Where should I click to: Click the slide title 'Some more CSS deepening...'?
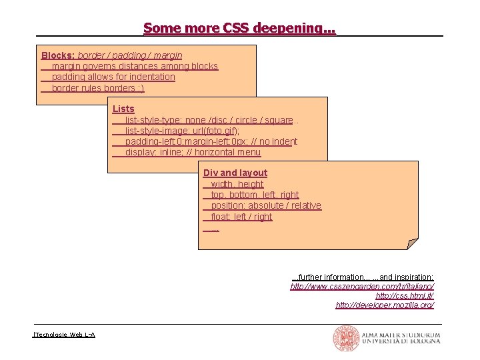(239, 28)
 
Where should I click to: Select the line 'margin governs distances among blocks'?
(135, 66)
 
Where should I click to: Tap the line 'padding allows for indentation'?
(113, 77)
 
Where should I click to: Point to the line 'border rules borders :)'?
(97, 88)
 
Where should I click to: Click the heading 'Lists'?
(123, 109)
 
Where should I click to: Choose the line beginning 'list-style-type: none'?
(209, 120)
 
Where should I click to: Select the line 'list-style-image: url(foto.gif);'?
(182, 131)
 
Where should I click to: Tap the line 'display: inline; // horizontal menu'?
(193, 153)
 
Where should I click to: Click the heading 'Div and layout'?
(235, 173)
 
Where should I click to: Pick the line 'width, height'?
(237, 184)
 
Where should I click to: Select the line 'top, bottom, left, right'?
(255, 195)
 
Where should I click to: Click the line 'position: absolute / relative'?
(265, 205)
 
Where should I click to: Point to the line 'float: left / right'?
(241, 217)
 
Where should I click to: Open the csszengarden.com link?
(362, 286)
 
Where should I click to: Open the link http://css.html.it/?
(405, 295)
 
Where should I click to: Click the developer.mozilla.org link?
(385, 305)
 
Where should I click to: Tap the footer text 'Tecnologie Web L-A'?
(65, 333)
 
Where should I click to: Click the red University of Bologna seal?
(346, 339)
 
